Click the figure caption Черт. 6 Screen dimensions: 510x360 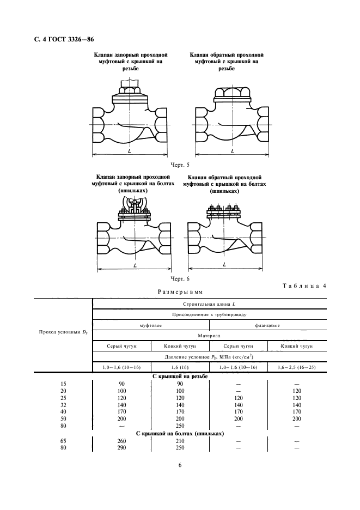click(179, 278)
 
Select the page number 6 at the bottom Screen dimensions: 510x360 click(180, 465)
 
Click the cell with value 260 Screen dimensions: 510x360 click(122, 441)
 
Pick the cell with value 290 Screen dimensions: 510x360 click(122, 448)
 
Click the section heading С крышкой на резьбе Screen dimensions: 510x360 click(180, 377)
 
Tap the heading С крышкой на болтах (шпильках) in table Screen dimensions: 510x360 click(180, 434)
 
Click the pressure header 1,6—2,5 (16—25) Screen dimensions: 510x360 click(297, 368)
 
